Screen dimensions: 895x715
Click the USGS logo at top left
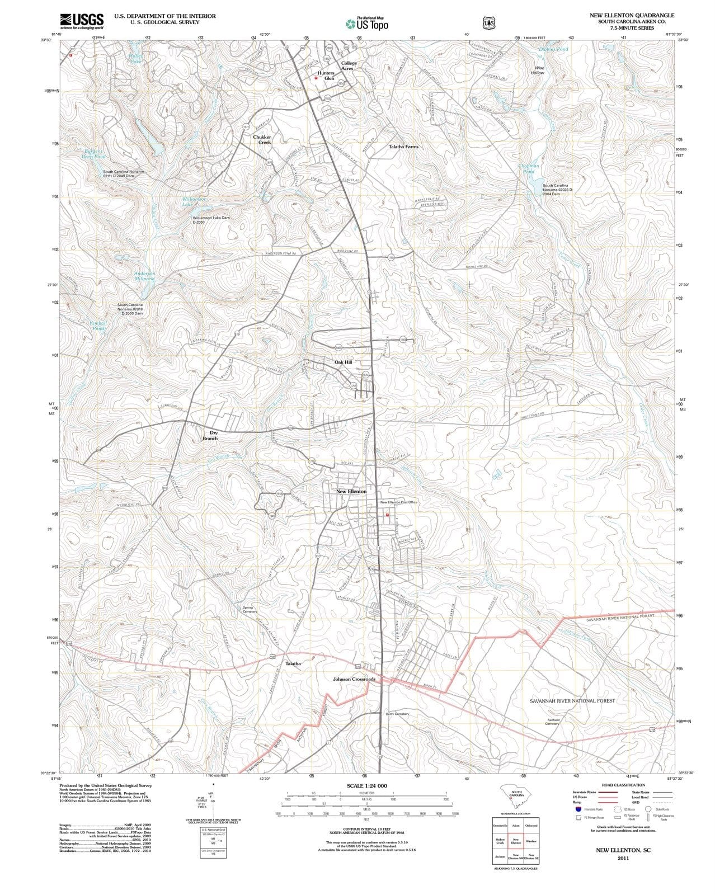82,21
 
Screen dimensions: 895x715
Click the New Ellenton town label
351,491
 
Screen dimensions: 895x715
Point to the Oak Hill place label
343,362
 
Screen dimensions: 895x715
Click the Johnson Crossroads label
354,679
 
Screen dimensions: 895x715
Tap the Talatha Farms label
403,147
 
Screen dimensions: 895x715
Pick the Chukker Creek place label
262,139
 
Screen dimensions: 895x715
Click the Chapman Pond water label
529,168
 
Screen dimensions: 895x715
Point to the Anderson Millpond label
144,275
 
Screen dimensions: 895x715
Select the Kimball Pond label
97,326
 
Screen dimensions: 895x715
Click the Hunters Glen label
326,76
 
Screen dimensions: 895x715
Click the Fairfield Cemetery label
552,722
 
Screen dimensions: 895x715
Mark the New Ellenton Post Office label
398,502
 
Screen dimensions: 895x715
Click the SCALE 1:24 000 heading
366,786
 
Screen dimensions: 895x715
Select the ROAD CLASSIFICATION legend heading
624,785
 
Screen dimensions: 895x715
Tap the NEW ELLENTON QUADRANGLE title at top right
632,15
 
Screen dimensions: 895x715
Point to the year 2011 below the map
623,858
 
